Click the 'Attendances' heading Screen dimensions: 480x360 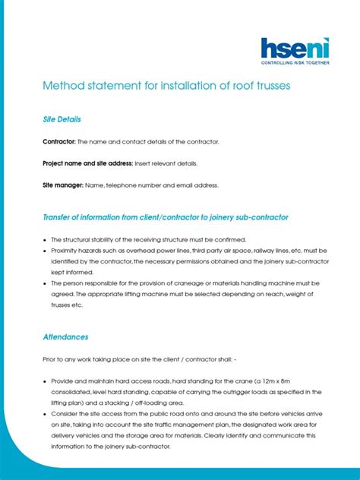click(x=65, y=336)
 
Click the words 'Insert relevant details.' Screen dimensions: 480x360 click(x=166, y=163)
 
